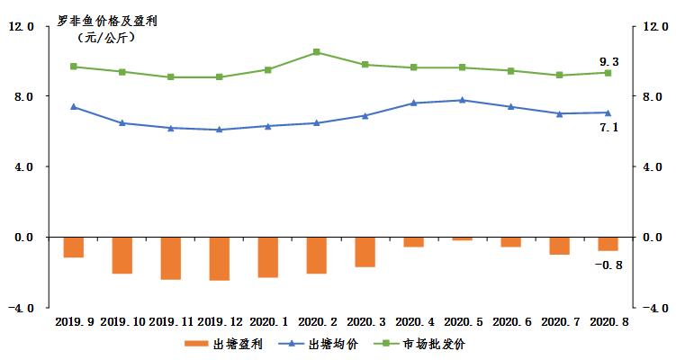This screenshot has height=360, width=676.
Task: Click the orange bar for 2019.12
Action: point(219,258)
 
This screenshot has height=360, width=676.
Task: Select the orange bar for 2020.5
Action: point(462,238)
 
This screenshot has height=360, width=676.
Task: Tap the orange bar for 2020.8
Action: point(608,244)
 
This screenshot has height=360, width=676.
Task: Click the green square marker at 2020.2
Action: point(316,52)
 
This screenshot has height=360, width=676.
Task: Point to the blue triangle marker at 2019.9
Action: point(73,107)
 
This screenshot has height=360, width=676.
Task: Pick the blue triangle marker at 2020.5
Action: point(462,100)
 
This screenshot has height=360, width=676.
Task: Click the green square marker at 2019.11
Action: point(170,77)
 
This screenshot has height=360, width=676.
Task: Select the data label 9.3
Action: point(609,61)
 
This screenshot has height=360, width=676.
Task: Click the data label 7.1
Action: point(609,128)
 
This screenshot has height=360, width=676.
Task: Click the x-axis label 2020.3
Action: point(365,320)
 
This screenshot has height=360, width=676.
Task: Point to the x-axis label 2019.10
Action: point(122,320)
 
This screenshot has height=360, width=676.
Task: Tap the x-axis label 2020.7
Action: point(559,320)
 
